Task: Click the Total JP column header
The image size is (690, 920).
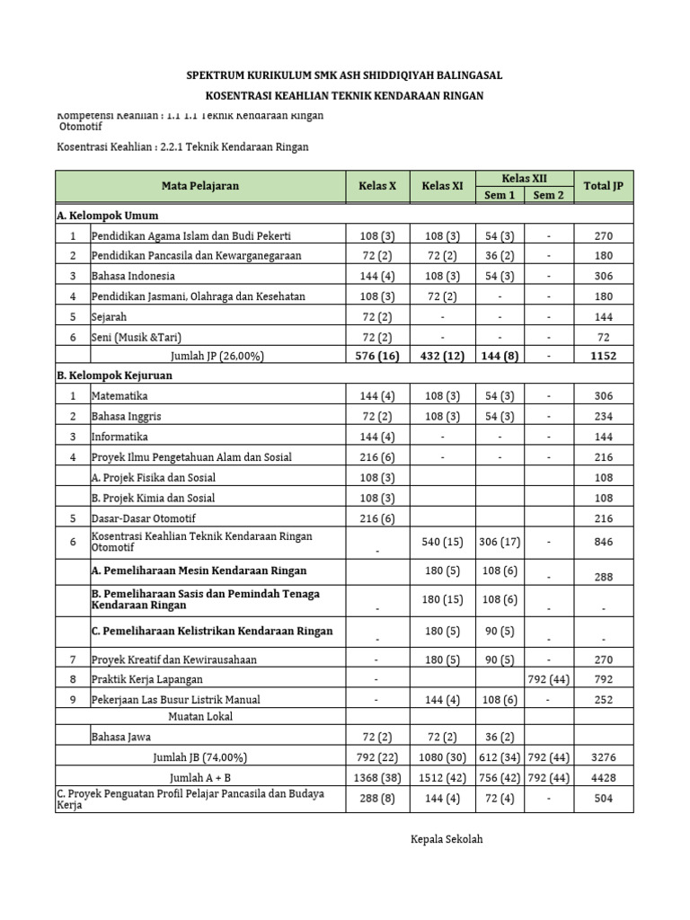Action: [x=603, y=186]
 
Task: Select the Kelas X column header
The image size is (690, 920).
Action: [x=378, y=186]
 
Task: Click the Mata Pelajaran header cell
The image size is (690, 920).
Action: [x=200, y=186]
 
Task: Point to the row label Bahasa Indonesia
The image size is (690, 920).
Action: [x=133, y=276]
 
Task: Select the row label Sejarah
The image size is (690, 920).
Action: [x=110, y=317]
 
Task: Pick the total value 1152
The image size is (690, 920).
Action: [x=603, y=357]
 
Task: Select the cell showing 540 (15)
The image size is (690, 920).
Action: [x=441, y=542]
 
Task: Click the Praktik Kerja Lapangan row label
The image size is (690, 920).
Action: [x=146, y=679]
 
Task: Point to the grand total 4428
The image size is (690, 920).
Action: [x=603, y=777]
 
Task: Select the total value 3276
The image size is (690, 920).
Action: [x=603, y=757]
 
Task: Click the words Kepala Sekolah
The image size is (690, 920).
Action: [x=447, y=839]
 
